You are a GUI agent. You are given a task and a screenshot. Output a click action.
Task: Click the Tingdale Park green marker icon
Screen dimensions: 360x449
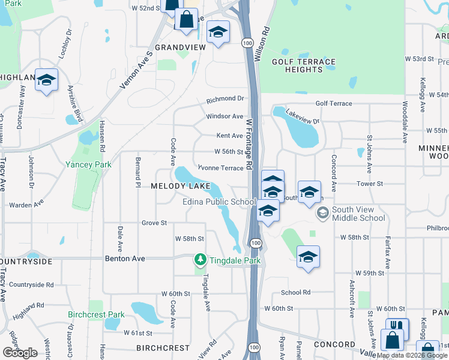[200, 260]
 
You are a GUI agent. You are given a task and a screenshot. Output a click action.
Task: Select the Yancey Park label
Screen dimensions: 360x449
[89, 164]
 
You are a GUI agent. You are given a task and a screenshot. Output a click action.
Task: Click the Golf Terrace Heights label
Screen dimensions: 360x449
[304, 65]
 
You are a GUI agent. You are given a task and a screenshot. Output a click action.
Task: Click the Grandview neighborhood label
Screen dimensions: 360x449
[176, 47]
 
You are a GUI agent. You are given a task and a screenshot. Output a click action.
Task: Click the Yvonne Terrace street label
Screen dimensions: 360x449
[221, 169]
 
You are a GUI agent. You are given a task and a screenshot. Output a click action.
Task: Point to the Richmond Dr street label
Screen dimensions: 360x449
[226, 99]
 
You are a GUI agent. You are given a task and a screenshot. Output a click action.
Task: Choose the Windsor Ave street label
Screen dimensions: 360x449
[224, 116]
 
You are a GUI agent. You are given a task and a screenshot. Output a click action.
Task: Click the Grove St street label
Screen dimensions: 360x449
[154, 223]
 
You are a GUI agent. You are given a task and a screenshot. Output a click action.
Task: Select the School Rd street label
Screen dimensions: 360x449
[295, 292]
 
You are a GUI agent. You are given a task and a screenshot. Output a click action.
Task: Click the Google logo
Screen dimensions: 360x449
[20, 353]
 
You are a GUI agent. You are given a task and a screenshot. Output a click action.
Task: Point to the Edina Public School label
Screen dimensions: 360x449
[220, 202]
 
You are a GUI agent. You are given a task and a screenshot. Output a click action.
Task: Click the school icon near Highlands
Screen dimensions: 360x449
[46, 80]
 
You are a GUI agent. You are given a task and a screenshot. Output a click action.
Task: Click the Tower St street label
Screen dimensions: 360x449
[370, 184]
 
